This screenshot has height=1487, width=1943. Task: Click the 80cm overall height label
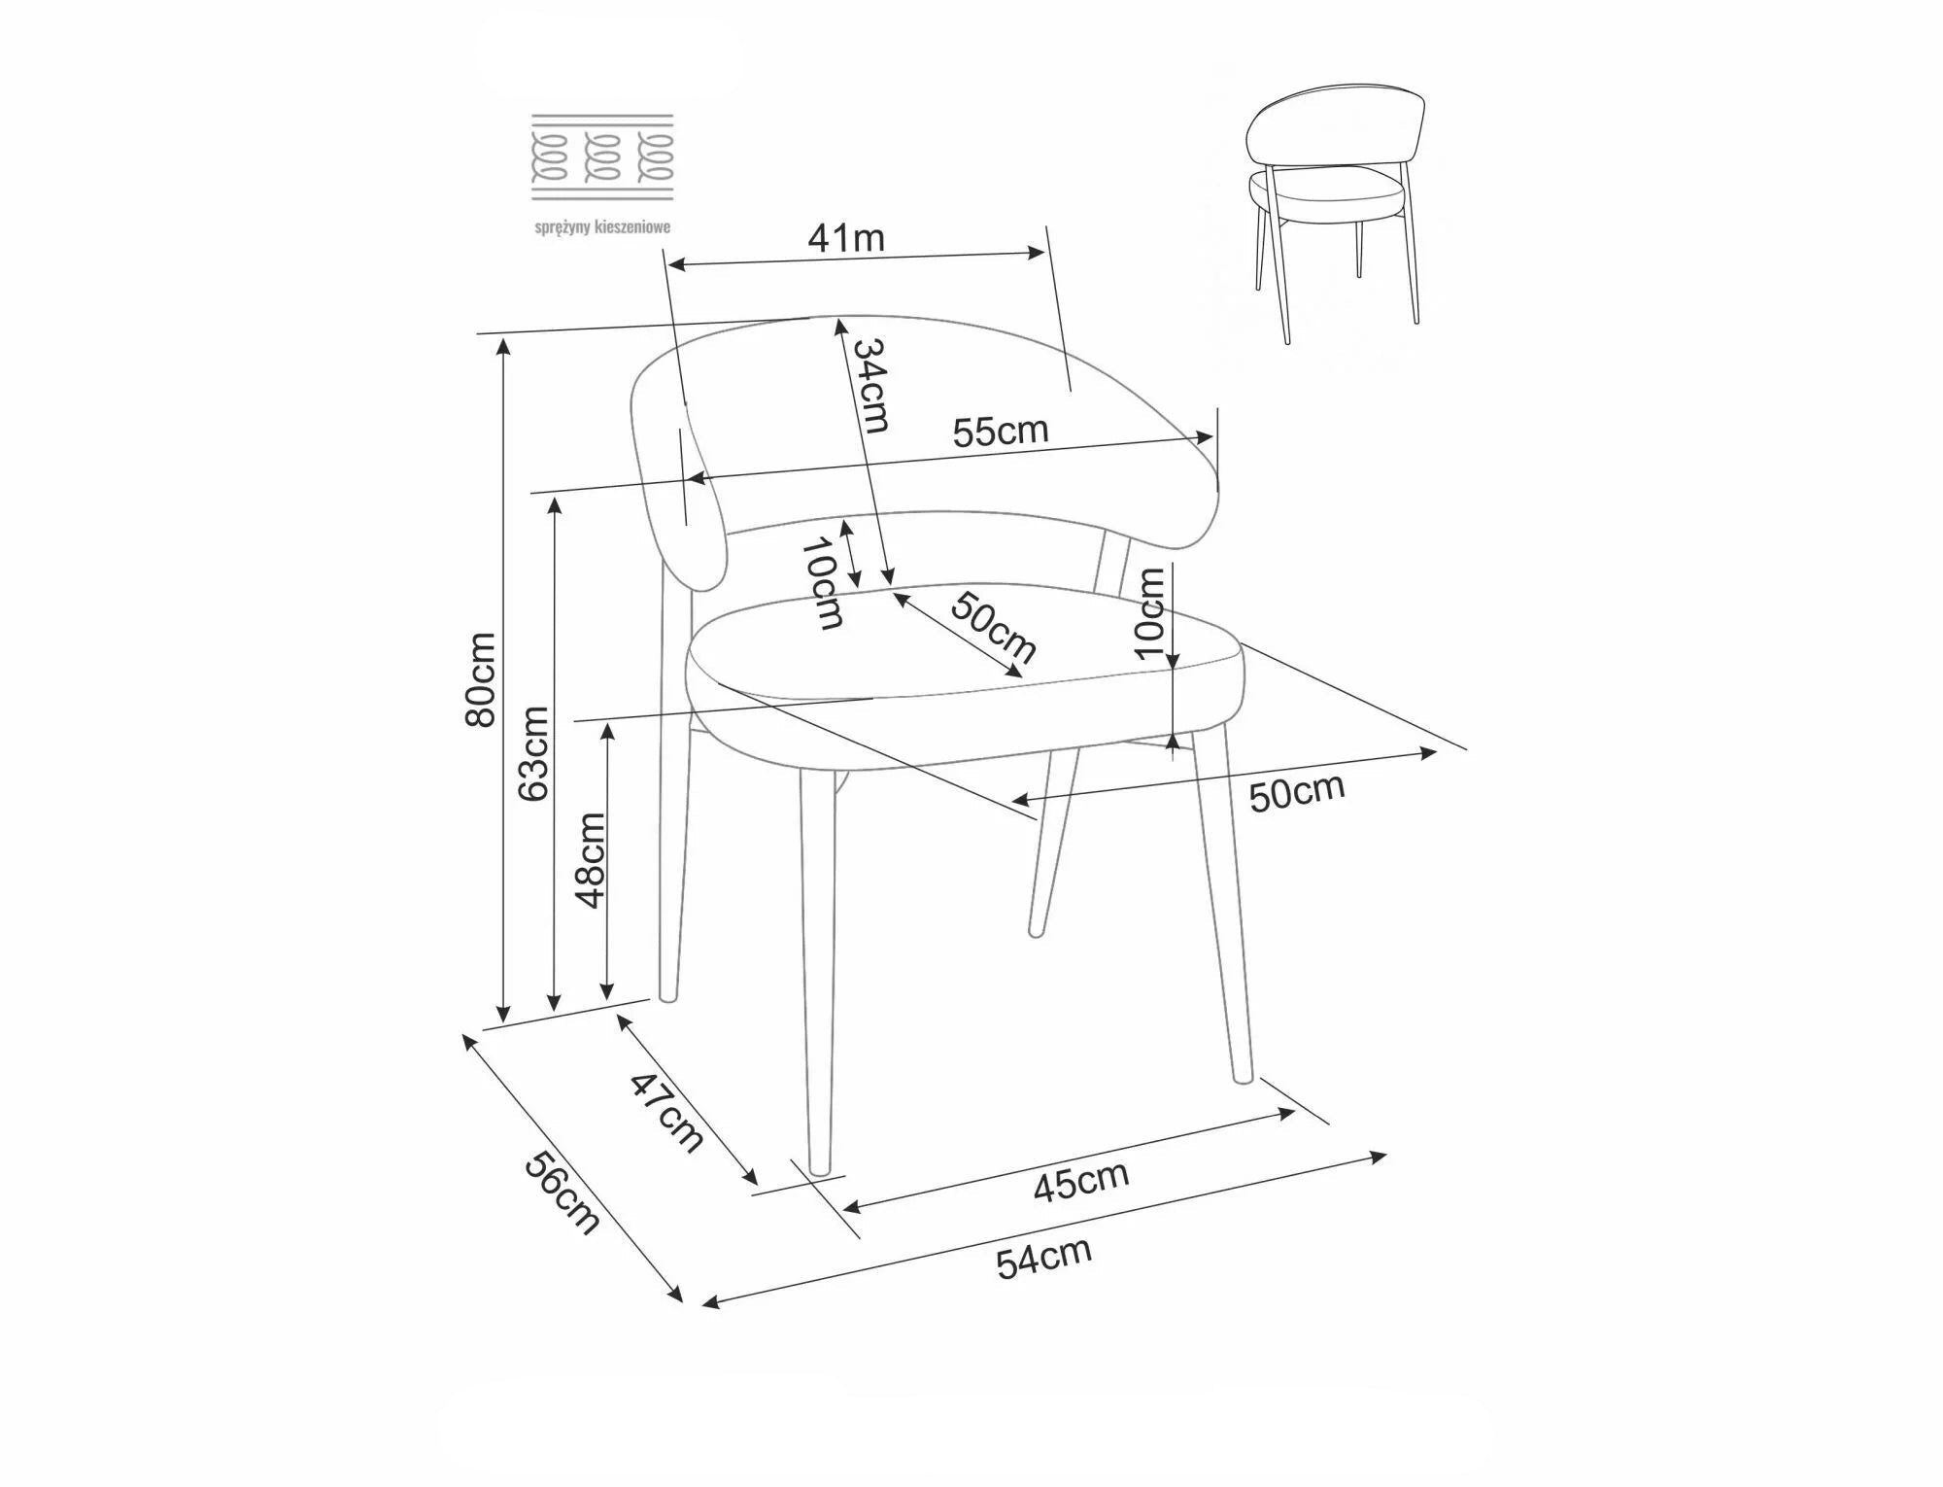[x=481, y=679]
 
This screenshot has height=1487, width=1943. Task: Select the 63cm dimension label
[x=533, y=753]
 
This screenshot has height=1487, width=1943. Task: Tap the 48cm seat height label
[x=590, y=860]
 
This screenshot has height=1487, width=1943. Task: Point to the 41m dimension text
[x=846, y=237]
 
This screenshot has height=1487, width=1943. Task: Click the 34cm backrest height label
[x=870, y=385]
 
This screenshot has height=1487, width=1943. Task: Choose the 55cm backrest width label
[x=1001, y=431]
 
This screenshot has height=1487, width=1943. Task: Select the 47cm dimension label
[x=667, y=1112]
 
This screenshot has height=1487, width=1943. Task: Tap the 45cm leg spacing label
[x=1080, y=1180]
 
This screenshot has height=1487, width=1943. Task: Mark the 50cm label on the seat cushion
[x=993, y=627]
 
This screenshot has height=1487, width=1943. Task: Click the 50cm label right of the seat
[x=1297, y=792]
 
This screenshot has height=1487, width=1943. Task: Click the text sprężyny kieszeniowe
[x=602, y=227]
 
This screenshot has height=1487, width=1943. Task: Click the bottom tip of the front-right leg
[x=1242, y=1078]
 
